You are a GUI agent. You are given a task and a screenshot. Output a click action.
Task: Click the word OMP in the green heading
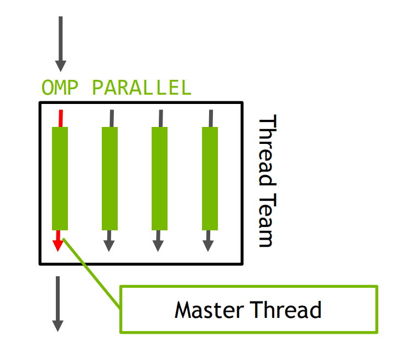coord(60,88)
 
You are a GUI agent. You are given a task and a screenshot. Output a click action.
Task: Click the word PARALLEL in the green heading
coord(142,88)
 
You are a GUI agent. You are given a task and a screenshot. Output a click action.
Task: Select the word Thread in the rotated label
coord(268,150)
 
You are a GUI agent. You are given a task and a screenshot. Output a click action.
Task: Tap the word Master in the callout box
coord(209,310)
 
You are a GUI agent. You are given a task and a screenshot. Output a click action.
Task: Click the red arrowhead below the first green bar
coord(58,246)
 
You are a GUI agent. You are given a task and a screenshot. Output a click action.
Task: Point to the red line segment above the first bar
coord(61,118)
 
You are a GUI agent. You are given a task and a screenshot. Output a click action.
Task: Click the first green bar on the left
coord(60,178)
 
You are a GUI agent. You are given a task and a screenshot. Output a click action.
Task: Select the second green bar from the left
coord(109,178)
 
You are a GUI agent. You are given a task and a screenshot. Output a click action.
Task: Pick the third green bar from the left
coord(159,178)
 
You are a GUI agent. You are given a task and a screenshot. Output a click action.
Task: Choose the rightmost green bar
coord(210,178)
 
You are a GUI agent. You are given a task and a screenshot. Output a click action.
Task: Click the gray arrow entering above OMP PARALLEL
coord(61,44)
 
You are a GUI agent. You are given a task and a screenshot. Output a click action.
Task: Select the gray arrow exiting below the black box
coord(58,304)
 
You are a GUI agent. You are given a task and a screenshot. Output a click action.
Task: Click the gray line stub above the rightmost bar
coord(211,118)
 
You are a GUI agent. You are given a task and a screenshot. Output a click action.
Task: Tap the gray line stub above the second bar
coord(112,118)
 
